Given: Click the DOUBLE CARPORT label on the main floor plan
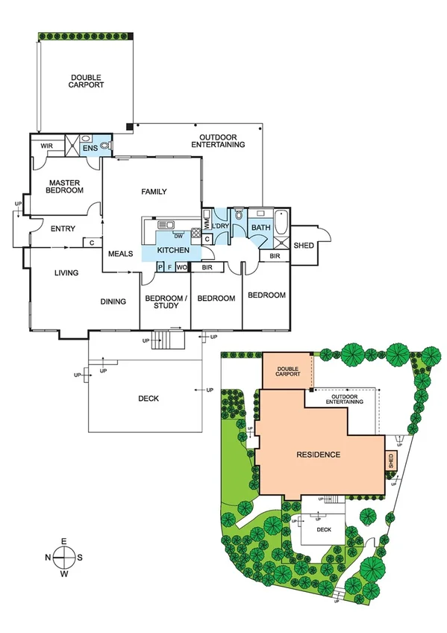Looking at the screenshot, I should [x=87, y=81].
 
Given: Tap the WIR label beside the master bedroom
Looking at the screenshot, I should [x=46, y=146].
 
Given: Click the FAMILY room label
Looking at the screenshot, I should [x=154, y=192].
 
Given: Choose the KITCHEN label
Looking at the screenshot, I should [x=173, y=250].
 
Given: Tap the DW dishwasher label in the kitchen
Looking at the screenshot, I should [x=177, y=237].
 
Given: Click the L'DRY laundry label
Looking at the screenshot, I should [x=219, y=226].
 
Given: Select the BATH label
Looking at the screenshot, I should [x=260, y=228].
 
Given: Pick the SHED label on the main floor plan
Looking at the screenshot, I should [x=304, y=245].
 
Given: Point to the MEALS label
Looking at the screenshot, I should [x=120, y=254].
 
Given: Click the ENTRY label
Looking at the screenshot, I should [x=63, y=229].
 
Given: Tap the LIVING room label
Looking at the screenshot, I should [x=66, y=273].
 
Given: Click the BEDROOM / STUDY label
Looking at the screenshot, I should [x=164, y=302].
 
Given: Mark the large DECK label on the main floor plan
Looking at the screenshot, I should [x=149, y=399].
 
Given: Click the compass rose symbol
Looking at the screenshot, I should [x=64, y=556].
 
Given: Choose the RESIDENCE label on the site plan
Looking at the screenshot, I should [x=318, y=455].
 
